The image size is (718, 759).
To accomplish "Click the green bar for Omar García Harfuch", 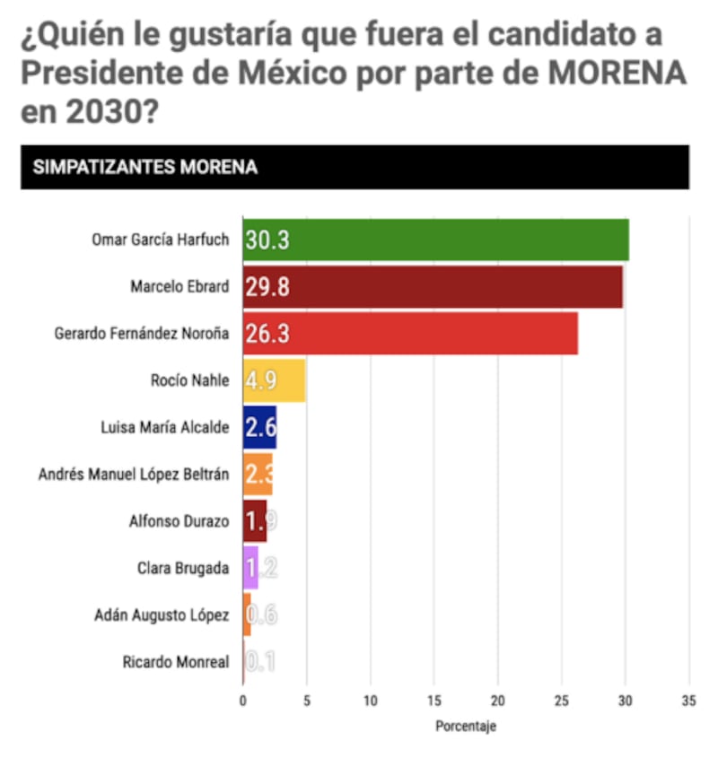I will click(x=435, y=240).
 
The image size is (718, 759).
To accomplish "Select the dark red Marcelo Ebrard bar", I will click(x=432, y=286).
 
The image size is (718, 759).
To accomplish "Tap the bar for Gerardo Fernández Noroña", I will click(x=410, y=333).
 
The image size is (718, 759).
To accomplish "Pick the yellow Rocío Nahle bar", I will click(x=274, y=379).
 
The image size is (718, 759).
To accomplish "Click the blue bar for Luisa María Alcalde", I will click(x=259, y=426).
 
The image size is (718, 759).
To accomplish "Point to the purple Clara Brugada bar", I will click(x=250, y=567).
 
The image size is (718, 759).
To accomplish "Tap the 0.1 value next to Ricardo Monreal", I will click(x=260, y=662).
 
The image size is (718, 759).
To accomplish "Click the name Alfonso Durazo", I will click(x=179, y=520).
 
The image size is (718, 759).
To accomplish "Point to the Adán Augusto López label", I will click(x=162, y=615).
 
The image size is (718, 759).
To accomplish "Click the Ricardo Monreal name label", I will click(x=176, y=662).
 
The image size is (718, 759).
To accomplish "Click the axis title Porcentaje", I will click(x=465, y=726).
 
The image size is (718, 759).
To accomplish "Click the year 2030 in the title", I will click(x=94, y=114).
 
